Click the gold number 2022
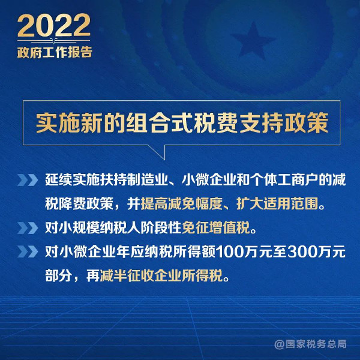tap(54, 25)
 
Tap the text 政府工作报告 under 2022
tap(55, 52)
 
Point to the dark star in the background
tap(253, 40)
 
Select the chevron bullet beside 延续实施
tap(28, 180)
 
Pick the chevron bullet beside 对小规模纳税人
tap(28, 228)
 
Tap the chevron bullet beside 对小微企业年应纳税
tap(28, 251)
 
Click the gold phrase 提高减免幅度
tap(181, 203)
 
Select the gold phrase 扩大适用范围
tap(277, 203)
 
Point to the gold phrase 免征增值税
tap(216, 228)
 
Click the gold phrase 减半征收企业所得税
tap(161, 275)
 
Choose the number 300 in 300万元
tap(302, 252)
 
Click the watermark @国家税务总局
tap(310, 344)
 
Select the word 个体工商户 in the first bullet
tap(284, 180)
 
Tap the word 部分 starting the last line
tap(59, 275)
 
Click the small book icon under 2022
tap(54, 41)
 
